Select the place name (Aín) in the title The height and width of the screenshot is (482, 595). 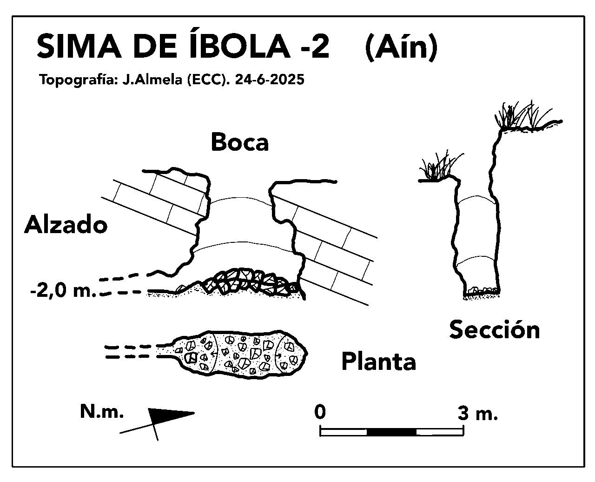[401, 47]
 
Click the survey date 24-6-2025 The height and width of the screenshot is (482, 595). [270, 80]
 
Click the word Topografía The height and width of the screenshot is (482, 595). [78, 80]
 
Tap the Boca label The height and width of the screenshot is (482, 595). [239, 142]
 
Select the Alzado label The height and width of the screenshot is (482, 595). [66, 225]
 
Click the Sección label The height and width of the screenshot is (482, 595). [495, 329]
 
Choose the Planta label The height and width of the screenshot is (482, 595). [378, 361]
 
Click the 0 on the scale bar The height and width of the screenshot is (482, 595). [320, 412]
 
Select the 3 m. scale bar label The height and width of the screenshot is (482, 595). [477, 413]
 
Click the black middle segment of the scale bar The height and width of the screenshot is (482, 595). [391, 432]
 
